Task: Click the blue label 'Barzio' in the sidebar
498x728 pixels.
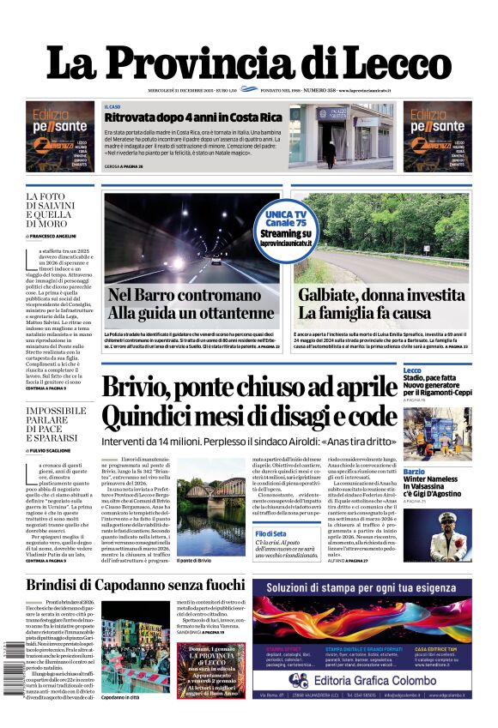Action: [x=415, y=472]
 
